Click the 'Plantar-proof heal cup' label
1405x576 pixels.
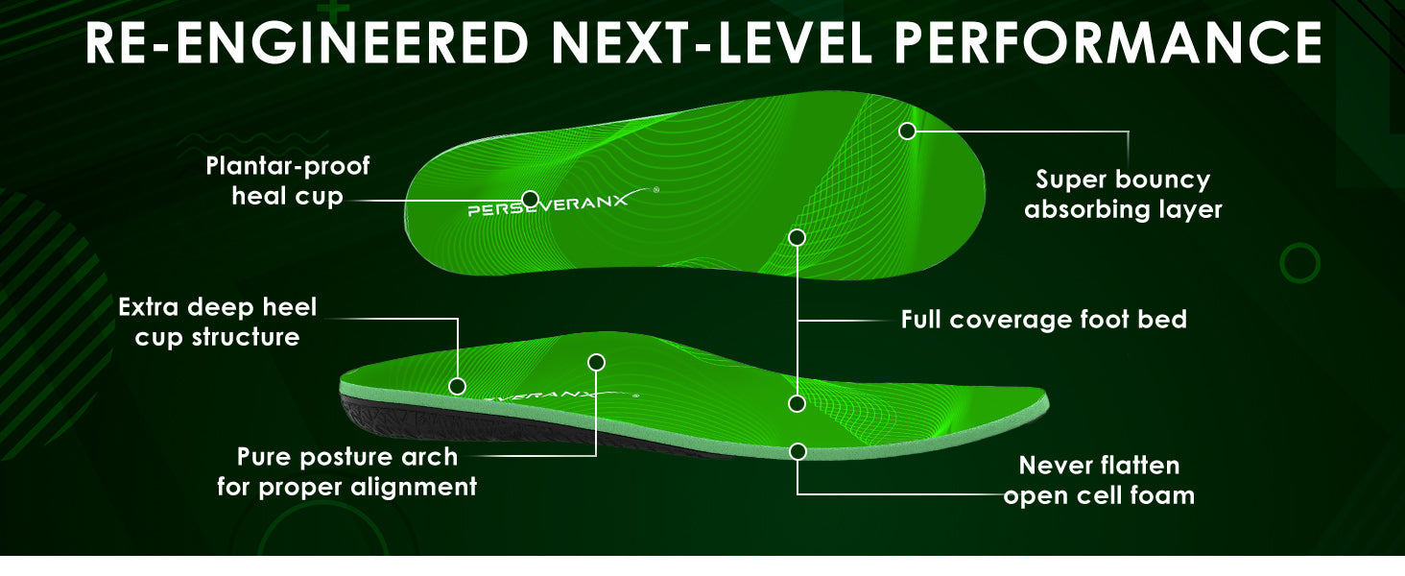[288, 181]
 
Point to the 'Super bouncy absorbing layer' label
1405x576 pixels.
[1123, 195]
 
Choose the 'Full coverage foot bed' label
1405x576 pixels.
[1043, 320]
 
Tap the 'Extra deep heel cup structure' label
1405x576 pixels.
[217, 322]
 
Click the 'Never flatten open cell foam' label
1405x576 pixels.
[1099, 480]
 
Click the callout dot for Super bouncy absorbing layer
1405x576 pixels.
[907, 131]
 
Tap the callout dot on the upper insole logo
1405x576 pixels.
[530, 199]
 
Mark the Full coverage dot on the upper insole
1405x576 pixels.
[797, 236]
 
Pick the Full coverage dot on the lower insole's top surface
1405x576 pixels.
[797, 403]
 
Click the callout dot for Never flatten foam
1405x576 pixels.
[798, 451]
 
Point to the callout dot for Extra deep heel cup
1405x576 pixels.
[458, 386]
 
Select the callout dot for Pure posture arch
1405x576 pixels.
[596, 362]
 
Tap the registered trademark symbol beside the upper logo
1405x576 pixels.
[656, 190]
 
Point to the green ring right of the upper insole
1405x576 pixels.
[1300, 262]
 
